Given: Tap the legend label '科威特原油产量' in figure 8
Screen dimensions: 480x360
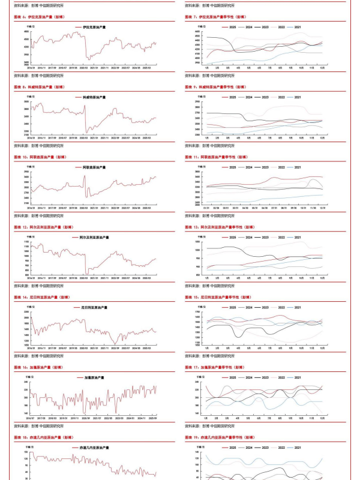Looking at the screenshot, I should [x=94, y=97].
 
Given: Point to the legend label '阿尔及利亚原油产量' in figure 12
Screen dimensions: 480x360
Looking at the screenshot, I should [x=94, y=237].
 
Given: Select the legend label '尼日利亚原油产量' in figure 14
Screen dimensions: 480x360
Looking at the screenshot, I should [x=94, y=307].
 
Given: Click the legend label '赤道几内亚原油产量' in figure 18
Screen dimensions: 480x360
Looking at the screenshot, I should [x=94, y=447].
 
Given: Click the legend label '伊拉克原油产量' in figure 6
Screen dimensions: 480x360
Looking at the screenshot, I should [x=94, y=27].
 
